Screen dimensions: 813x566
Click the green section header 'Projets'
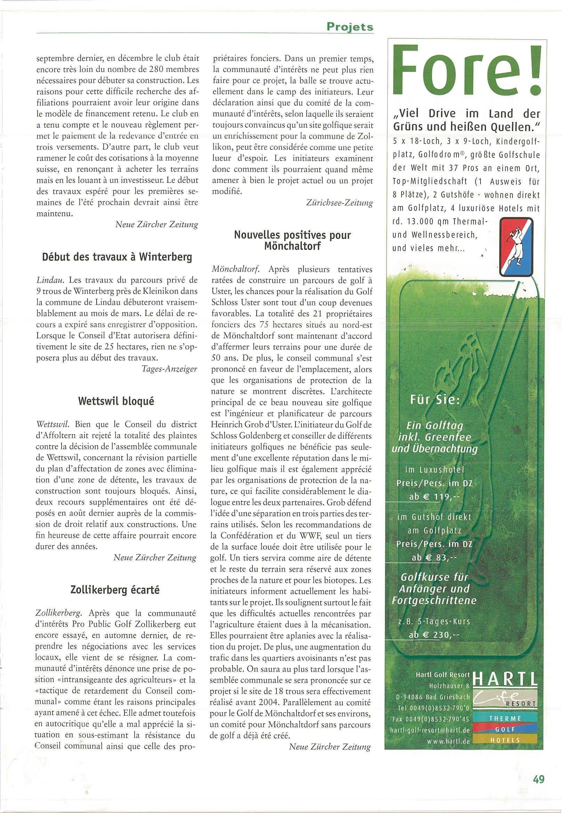pyautogui.click(x=350, y=27)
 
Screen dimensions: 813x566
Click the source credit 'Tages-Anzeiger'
pyautogui.click(x=169, y=369)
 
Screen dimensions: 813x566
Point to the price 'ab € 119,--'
pyautogui.click(x=435, y=497)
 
